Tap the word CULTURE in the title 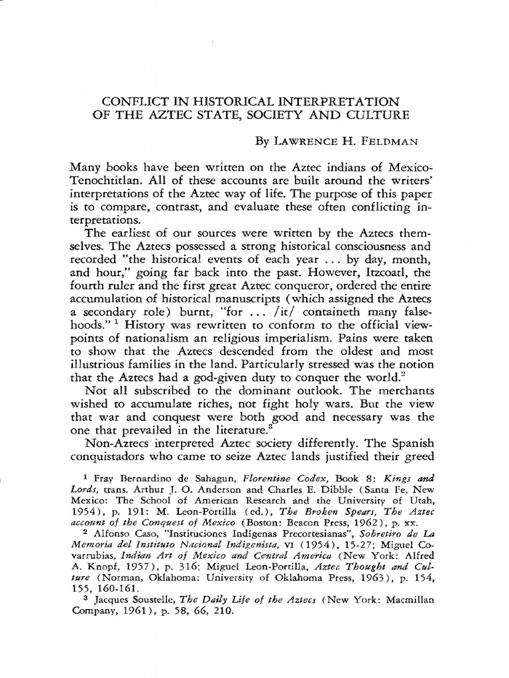[376, 115]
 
